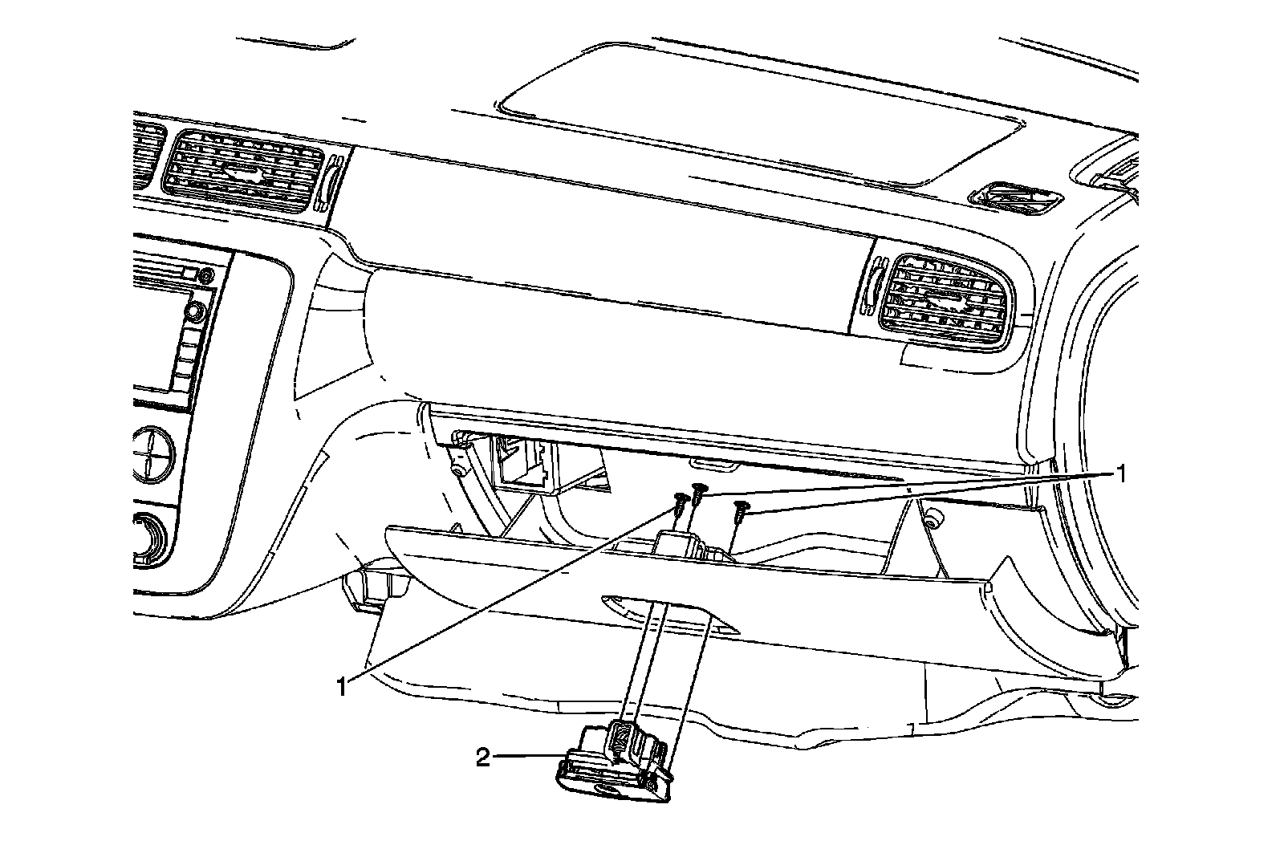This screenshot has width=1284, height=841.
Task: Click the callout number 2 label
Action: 483,758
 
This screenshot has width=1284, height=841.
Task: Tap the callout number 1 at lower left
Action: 343,687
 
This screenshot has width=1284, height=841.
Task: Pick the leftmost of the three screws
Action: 680,506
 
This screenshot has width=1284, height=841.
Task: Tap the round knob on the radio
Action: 193,309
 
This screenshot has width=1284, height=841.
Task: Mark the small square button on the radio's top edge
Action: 189,274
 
